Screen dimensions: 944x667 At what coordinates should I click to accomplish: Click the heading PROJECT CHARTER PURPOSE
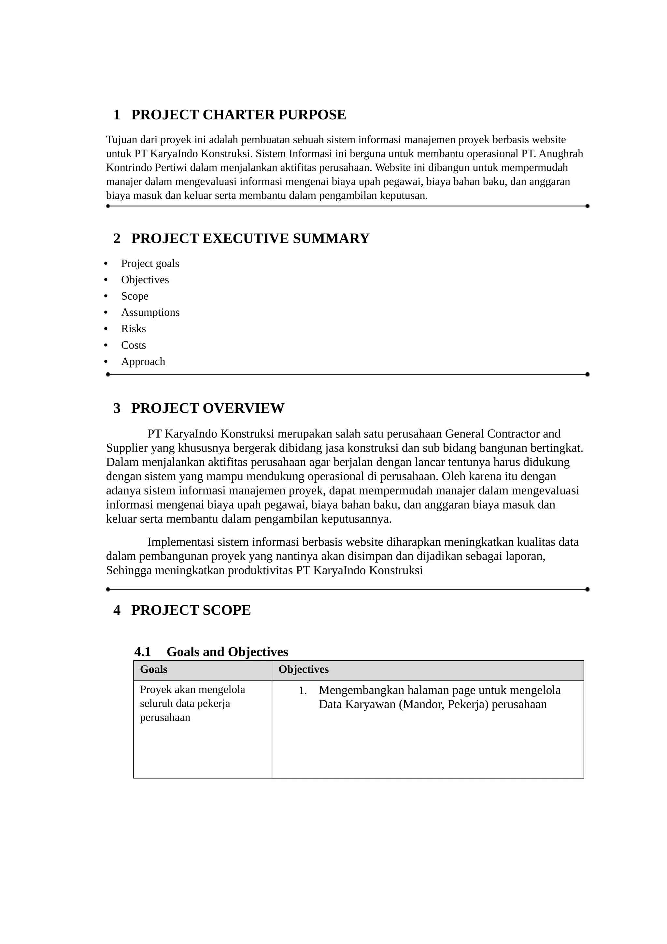(x=238, y=115)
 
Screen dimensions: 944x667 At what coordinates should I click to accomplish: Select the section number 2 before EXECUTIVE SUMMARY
(x=117, y=238)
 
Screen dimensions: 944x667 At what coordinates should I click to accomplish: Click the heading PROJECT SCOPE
(x=191, y=610)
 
